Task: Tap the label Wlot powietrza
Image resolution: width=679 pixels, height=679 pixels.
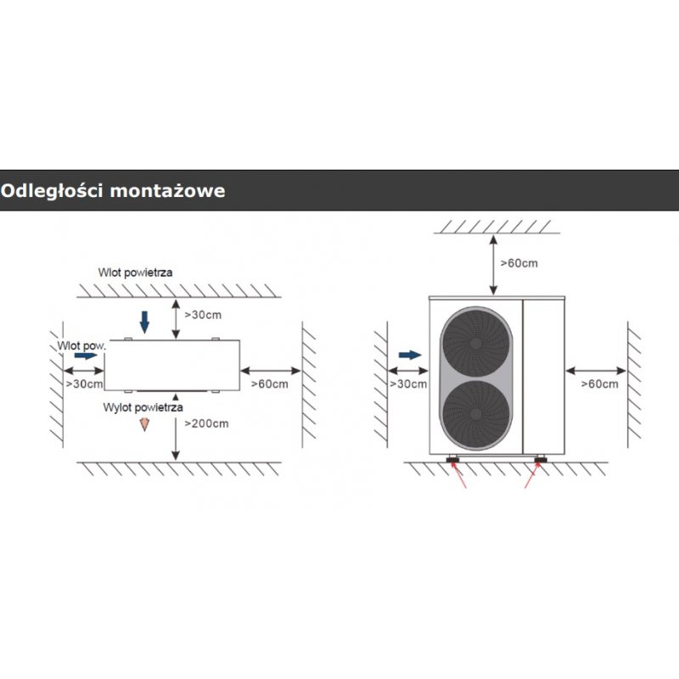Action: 137,273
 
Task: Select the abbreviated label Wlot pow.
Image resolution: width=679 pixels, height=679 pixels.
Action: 81,346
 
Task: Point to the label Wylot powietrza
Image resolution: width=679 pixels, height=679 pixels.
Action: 143,407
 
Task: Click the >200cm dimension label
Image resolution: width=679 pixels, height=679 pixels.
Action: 206,423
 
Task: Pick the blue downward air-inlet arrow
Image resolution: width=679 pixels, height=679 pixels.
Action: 144,321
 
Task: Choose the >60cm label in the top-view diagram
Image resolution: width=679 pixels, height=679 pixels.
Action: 269,384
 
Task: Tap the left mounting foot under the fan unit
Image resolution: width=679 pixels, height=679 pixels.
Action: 454,461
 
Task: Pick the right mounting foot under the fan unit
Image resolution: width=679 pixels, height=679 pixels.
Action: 541,461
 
